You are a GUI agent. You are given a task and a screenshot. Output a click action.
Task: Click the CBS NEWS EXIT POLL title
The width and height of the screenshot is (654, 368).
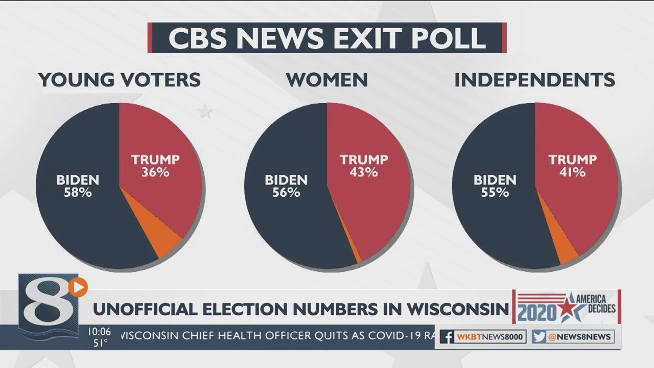click(327, 38)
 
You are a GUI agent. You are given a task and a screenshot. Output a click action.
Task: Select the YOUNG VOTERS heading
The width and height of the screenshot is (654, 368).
click(120, 80)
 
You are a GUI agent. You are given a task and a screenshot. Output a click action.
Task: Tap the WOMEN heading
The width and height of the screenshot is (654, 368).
click(327, 80)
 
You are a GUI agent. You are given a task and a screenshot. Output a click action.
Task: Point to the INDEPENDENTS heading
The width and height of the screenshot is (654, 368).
click(534, 80)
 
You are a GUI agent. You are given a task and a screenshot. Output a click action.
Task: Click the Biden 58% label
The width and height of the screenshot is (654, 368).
click(78, 187)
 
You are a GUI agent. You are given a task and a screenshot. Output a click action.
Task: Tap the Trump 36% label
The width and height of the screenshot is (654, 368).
click(155, 166)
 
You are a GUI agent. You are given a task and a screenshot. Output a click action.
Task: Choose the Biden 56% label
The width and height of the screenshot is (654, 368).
click(286, 187)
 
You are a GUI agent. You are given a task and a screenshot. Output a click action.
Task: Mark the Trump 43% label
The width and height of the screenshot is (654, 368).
click(364, 166)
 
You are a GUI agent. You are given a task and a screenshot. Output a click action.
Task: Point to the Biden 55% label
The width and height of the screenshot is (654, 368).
click(495, 187)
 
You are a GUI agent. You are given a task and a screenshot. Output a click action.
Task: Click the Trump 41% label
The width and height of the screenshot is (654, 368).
click(572, 166)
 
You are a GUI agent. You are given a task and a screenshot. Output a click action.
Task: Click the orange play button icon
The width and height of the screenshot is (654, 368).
click(78, 287)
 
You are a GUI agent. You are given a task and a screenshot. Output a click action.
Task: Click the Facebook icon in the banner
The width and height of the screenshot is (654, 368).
click(448, 337)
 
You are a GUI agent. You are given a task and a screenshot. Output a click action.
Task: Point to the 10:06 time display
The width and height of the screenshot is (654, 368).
click(99, 332)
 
